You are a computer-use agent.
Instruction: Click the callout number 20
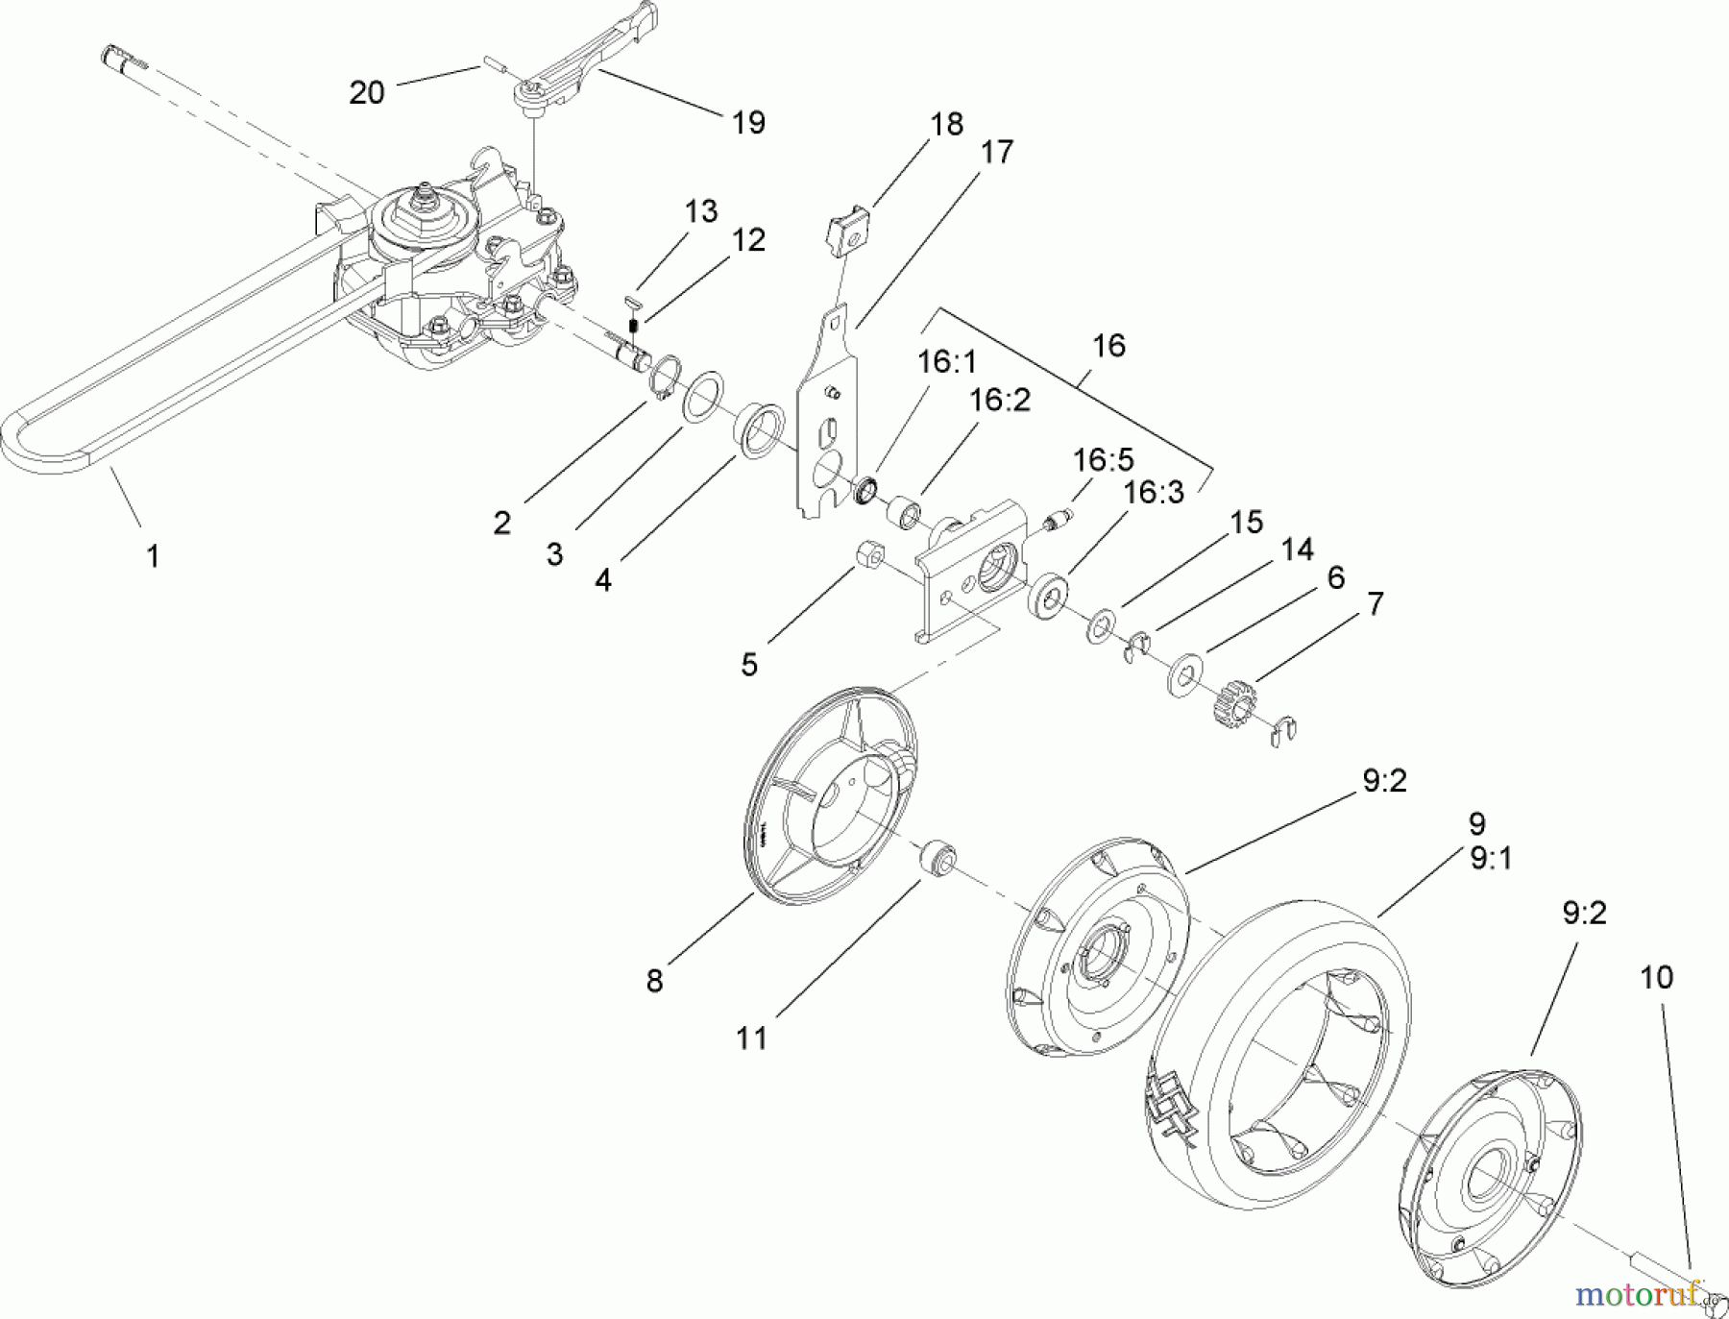point(367,92)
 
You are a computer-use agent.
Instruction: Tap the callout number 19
point(748,122)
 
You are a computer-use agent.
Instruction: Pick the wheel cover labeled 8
point(828,797)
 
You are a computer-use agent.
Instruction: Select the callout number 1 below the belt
point(152,555)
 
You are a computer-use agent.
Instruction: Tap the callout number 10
point(1656,977)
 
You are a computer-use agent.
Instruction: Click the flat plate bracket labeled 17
point(826,413)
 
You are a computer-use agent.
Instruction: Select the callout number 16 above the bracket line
point(1108,346)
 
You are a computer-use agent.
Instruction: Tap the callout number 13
point(701,211)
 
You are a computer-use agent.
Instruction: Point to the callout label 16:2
point(1000,401)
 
